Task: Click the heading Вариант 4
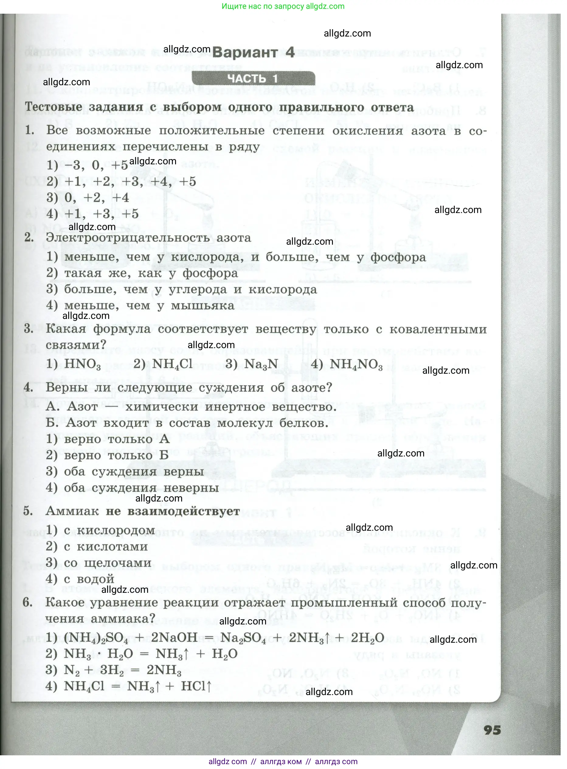(x=253, y=53)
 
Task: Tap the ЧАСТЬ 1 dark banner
(x=253, y=79)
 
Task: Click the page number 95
(x=492, y=730)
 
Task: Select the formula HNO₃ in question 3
(x=82, y=364)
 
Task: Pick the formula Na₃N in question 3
(x=261, y=364)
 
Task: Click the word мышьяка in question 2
(x=202, y=305)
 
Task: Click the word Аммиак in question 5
(x=72, y=512)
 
